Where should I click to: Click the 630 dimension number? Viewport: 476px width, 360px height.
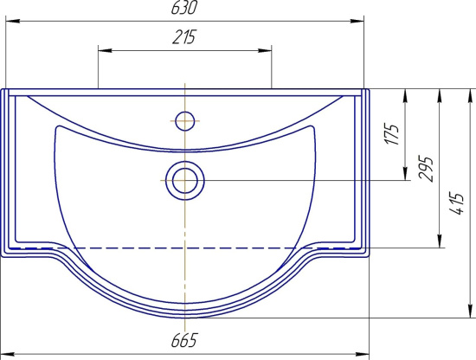(184, 8)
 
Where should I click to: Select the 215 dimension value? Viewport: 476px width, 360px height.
(184, 37)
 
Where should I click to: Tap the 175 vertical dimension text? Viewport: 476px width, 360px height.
(391, 134)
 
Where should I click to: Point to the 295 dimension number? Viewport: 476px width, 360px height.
(425, 169)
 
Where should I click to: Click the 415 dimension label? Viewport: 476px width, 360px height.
(458, 203)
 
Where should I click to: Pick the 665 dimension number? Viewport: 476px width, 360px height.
(184, 340)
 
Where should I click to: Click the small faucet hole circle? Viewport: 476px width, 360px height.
(185, 121)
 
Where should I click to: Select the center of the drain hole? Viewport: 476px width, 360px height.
(185, 181)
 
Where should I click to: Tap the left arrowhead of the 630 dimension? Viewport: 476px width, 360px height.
(13, 22)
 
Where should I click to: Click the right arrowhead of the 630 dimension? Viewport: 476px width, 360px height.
(357, 22)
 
